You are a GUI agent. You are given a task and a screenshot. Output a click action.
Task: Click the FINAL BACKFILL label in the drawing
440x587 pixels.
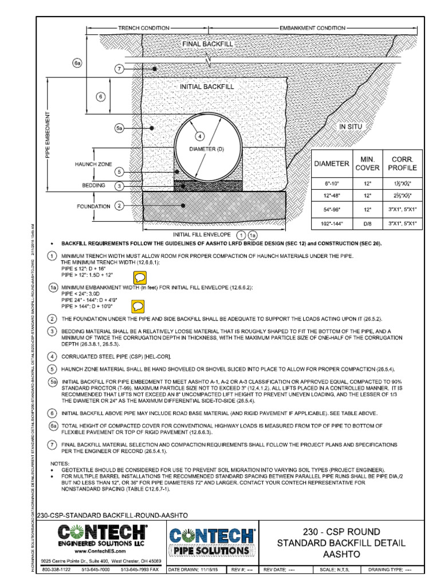(208, 44)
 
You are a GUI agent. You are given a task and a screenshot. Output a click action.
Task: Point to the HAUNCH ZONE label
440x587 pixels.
(93, 164)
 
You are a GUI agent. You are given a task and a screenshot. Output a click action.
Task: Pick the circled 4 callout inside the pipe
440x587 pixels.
(199, 136)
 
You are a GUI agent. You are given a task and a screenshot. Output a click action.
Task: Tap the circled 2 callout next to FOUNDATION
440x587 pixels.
(119, 206)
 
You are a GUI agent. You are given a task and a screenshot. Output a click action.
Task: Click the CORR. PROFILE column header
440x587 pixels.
(403, 163)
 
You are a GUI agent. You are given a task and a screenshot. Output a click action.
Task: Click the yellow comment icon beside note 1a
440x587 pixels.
(138, 306)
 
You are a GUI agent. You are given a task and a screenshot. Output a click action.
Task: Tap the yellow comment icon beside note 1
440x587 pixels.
(140, 277)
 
